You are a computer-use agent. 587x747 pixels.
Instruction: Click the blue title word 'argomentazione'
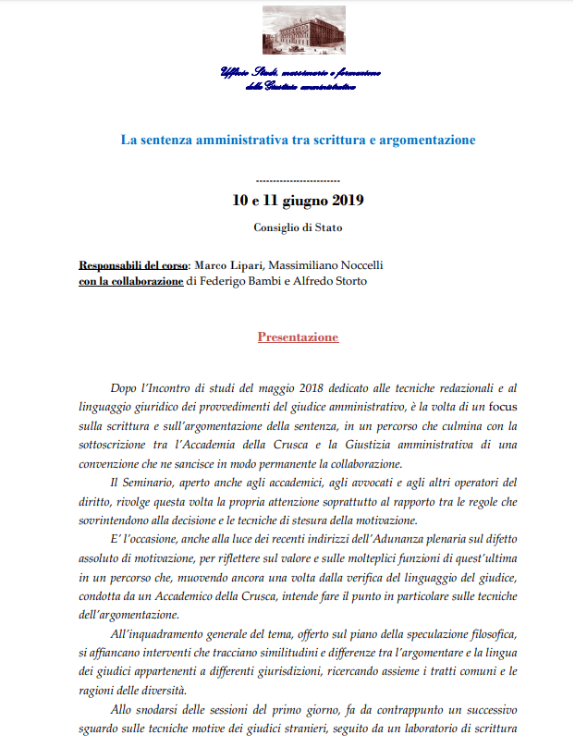(x=427, y=140)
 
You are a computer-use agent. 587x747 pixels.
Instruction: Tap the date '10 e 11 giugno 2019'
(x=298, y=201)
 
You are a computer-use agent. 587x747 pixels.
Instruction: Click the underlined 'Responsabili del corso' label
(x=133, y=266)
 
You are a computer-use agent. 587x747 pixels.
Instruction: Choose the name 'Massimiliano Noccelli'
(x=331, y=266)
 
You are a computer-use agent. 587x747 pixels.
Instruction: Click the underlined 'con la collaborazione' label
(x=130, y=281)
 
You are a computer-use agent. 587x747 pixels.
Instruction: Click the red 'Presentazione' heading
(x=298, y=337)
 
